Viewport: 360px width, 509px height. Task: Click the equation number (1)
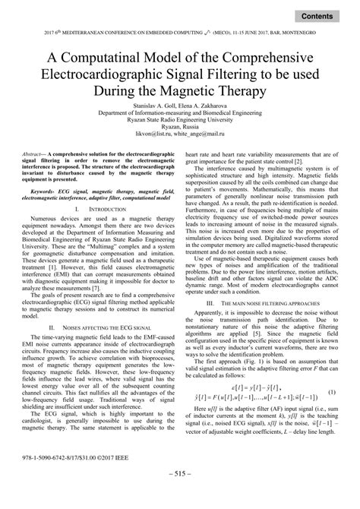pyautogui.click(x=331, y=370)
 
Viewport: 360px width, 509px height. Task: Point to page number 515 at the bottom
pyautogui.click(x=179, y=495)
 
